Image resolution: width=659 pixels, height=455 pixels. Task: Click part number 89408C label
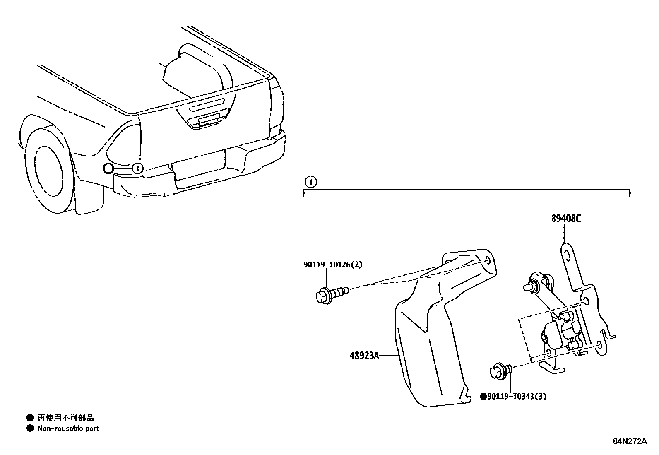coord(565,218)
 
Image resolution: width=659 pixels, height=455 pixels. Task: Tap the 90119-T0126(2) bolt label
coord(332,265)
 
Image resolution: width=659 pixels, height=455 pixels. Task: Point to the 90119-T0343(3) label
coord(516,397)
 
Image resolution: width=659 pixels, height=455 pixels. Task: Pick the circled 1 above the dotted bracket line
coord(310,181)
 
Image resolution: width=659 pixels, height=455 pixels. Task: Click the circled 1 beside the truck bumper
coord(137,168)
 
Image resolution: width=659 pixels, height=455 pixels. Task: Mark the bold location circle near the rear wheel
coord(108,168)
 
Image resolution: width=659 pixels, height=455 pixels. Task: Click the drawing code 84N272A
coord(629,441)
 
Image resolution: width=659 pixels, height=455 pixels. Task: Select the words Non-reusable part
coord(68,429)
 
